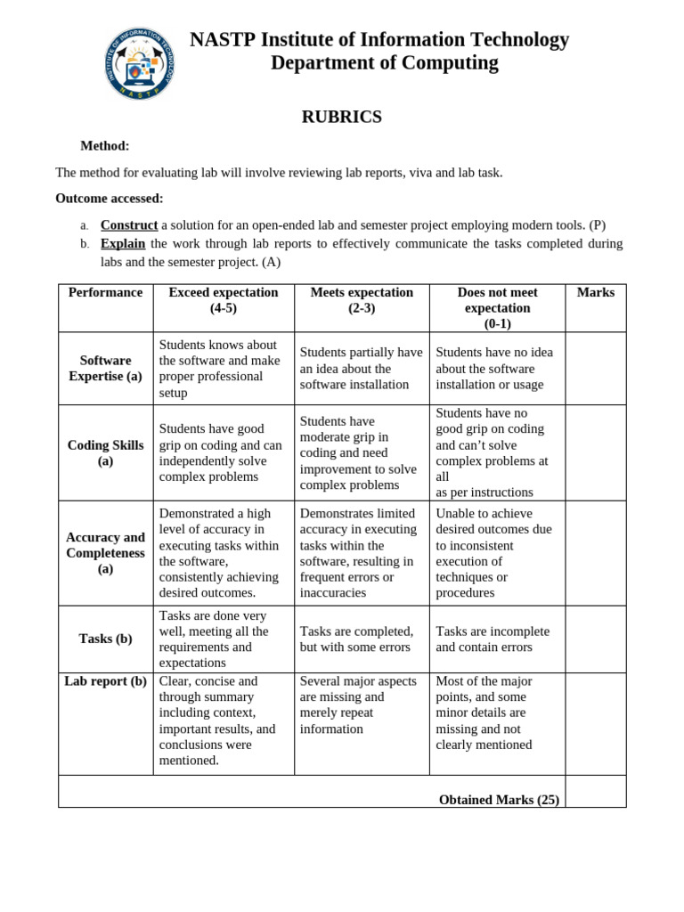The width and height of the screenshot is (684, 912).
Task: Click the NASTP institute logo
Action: click(x=140, y=63)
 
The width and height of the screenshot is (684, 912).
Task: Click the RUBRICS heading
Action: click(x=341, y=117)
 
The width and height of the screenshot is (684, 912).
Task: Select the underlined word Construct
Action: click(x=129, y=225)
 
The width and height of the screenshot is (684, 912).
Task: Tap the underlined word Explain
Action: click(x=123, y=243)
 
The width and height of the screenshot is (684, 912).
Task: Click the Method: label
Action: click(x=105, y=146)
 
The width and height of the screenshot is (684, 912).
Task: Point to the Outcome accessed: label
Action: click(x=110, y=199)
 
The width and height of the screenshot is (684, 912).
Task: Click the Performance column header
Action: click(x=105, y=293)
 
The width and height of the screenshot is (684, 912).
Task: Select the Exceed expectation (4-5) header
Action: click(x=224, y=300)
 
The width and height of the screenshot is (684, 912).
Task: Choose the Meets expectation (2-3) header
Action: click(x=362, y=300)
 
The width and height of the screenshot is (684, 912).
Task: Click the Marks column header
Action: click(x=595, y=293)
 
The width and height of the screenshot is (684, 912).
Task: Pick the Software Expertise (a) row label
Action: click(x=105, y=369)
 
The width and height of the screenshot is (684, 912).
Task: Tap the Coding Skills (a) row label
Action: click(x=105, y=452)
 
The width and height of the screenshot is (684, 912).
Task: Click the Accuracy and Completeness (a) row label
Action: click(x=105, y=553)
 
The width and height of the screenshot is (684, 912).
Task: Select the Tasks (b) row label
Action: click(x=105, y=639)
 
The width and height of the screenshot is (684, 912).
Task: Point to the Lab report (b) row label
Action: click(x=105, y=681)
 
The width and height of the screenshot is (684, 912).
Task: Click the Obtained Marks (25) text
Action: click(x=499, y=800)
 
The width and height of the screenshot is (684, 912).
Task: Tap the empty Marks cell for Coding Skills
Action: click(x=595, y=452)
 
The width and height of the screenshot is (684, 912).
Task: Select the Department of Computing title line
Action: click(x=384, y=63)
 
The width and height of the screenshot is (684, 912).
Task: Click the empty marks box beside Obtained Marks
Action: click(x=595, y=792)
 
